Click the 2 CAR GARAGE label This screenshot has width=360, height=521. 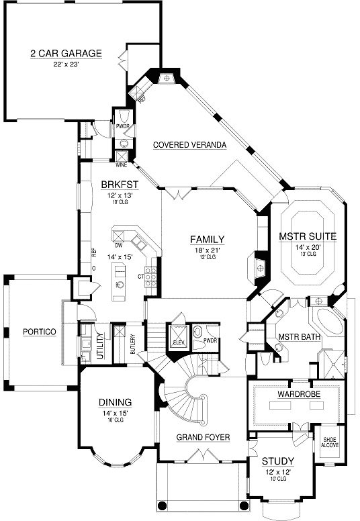point(66,53)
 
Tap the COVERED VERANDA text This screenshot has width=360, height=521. point(189,144)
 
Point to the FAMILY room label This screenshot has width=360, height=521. point(206,239)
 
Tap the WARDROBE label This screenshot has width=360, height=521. point(294,393)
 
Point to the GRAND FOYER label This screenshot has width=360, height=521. point(203,437)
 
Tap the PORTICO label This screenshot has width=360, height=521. point(39,332)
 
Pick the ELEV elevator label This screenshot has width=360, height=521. point(178,342)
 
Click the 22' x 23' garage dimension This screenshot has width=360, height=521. point(66,64)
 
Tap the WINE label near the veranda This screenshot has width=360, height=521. point(122,164)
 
